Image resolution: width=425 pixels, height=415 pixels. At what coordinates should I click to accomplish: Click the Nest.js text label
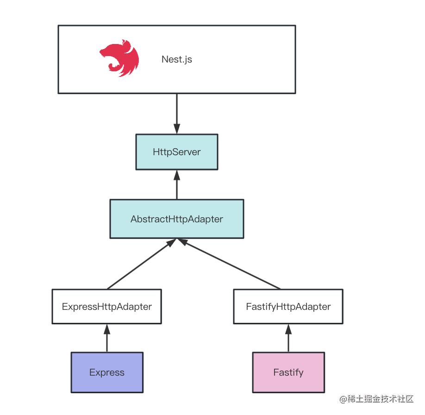click(177, 59)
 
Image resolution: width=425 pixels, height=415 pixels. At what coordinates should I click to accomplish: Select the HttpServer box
click(176, 152)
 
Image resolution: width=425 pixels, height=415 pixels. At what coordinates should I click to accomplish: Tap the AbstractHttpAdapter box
click(176, 219)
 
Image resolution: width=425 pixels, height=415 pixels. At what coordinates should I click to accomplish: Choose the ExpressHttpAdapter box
click(106, 306)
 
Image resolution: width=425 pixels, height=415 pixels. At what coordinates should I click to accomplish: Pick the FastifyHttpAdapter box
click(288, 306)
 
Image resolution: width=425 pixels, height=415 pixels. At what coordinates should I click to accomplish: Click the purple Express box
click(106, 372)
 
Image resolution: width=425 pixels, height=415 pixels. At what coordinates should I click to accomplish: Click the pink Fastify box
click(288, 372)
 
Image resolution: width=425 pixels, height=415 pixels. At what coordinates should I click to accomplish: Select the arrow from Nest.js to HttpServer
click(176, 111)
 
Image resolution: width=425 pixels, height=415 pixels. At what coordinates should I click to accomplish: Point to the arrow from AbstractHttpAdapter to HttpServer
click(176, 185)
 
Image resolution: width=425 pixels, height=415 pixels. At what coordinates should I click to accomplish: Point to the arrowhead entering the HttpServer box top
click(176, 129)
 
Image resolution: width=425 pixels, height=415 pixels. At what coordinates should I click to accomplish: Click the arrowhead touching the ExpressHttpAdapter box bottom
click(107, 329)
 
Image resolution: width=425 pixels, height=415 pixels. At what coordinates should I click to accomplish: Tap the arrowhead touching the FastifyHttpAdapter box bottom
click(288, 329)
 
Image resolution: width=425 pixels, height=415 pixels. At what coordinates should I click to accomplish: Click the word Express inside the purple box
click(106, 372)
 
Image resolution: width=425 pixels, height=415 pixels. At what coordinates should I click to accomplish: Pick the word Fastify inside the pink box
click(288, 372)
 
